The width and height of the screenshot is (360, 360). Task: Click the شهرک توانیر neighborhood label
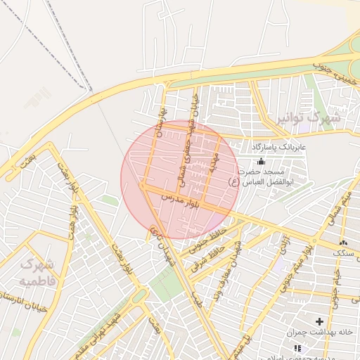click(x=307, y=117)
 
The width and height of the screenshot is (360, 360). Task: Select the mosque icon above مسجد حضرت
click(x=262, y=161)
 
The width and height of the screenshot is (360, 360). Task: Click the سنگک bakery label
click(x=344, y=251)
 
